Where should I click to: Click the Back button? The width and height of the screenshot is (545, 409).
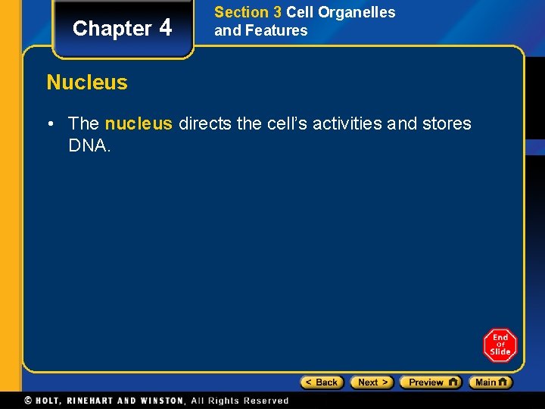click(322, 382)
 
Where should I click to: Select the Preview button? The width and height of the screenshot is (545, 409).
click(430, 382)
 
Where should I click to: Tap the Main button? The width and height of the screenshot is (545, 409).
click(490, 382)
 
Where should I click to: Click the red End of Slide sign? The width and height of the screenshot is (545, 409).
click(500, 345)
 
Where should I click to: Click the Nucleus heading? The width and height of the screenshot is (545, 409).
click(87, 82)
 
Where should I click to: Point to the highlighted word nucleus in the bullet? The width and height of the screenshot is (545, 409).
click(139, 123)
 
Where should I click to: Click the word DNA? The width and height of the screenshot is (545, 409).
click(89, 145)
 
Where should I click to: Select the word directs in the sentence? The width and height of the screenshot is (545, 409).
click(205, 123)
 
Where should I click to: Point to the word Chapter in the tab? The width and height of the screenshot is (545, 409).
click(112, 29)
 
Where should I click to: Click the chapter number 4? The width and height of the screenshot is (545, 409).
click(166, 28)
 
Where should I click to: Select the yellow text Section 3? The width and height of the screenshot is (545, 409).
click(248, 13)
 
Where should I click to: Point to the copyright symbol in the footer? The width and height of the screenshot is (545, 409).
click(28, 401)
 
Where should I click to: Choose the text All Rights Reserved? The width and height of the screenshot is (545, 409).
click(240, 401)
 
